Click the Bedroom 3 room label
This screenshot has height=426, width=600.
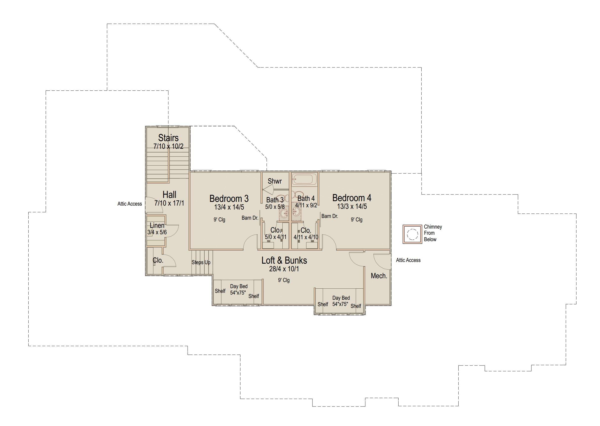click(x=229, y=199)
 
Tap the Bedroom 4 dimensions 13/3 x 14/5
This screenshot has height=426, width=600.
click(x=352, y=206)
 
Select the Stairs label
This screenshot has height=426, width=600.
click(x=168, y=138)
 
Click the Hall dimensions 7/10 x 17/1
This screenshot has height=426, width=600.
click(x=169, y=203)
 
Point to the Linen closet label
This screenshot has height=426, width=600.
click(x=157, y=225)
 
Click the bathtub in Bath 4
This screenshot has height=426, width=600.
click(x=305, y=180)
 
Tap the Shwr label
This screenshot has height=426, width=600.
click(x=275, y=181)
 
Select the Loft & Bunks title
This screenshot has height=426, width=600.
click(x=284, y=260)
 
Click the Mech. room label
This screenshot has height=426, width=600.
click(x=379, y=276)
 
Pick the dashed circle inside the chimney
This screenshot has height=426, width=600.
click(x=412, y=234)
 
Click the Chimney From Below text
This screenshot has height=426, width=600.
click(x=433, y=233)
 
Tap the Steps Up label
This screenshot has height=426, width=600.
click(x=201, y=262)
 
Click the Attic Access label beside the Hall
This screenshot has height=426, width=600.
click(x=129, y=204)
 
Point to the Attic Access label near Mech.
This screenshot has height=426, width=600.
click(x=408, y=260)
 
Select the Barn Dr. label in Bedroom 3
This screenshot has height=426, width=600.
click(x=250, y=218)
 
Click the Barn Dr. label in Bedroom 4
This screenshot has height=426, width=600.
click(x=329, y=216)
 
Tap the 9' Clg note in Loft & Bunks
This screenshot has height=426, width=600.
click(x=284, y=280)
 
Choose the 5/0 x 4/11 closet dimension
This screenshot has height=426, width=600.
click(x=276, y=237)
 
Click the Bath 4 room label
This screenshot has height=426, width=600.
click(x=306, y=199)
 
